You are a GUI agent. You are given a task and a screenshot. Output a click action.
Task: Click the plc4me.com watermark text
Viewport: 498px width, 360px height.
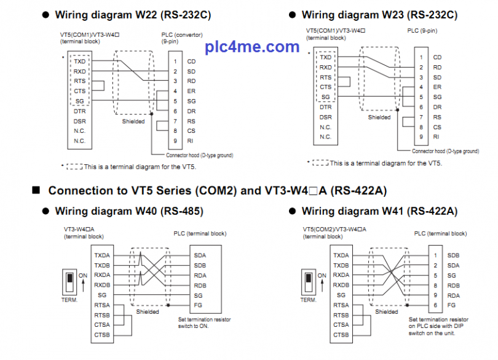pyautogui.click(x=252, y=47)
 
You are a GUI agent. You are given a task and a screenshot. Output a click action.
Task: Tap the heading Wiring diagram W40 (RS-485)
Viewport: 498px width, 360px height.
pyautogui.click(x=129, y=211)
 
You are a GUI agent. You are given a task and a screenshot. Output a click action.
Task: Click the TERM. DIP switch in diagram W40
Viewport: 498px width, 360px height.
pyautogui.click(x=70, y=283)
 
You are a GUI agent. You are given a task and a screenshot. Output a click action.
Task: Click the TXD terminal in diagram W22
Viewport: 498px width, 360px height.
pyautogui.click(x=80, y=62)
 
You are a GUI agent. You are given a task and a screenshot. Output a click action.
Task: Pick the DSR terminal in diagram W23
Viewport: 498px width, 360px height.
pyautogui.click(x=325, y=117)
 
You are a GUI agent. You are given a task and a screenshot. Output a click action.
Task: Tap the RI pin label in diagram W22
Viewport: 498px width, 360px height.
pyautogui.click(x=191, y=141)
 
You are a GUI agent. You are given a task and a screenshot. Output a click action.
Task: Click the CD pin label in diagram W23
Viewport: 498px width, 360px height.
pyautogui.click(x=437, y=57)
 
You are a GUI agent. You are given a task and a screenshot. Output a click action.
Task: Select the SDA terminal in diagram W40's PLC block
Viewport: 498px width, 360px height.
pyautogui.click(x=200, y=255)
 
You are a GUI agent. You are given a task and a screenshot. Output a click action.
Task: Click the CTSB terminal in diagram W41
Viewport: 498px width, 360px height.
pyautogui.click(x=341, y=335)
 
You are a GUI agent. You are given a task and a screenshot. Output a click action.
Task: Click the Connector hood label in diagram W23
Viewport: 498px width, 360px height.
pyautogui.click(x=445, y=151)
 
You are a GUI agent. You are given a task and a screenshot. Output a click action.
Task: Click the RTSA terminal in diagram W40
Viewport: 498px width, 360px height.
pyautogui.click(x=101, y=305)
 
